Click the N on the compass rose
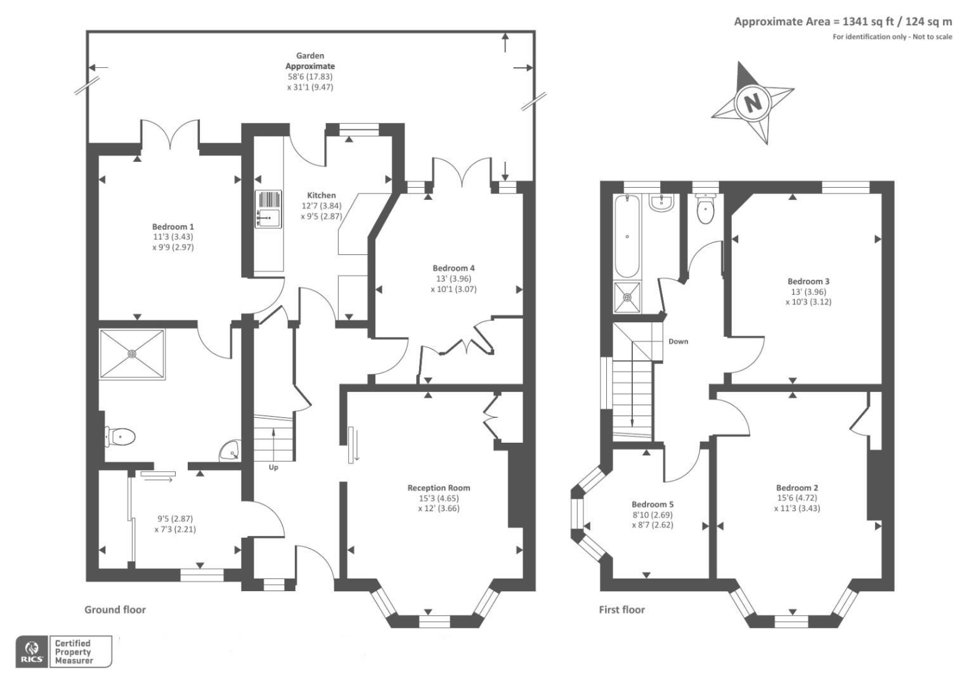tap(753, 103)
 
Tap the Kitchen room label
tap(322, 195)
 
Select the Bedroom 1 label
tap(173, 226)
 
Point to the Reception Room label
tap(439, 488)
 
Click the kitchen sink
tap(268, 209)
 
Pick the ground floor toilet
tap(120, 436)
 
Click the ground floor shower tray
tap(132, 355)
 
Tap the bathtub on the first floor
tap(627, 237)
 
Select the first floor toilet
tap(706, 209)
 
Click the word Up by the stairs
tap(273, 467)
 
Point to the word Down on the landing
tap(679, 341)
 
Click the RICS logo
tap(32, 651)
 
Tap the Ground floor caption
tap(115, 610)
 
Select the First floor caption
tap(621, 610)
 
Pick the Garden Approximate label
tap(310, 61)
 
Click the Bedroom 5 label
tap(653, 504)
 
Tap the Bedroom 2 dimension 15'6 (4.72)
tap(797, 498)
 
